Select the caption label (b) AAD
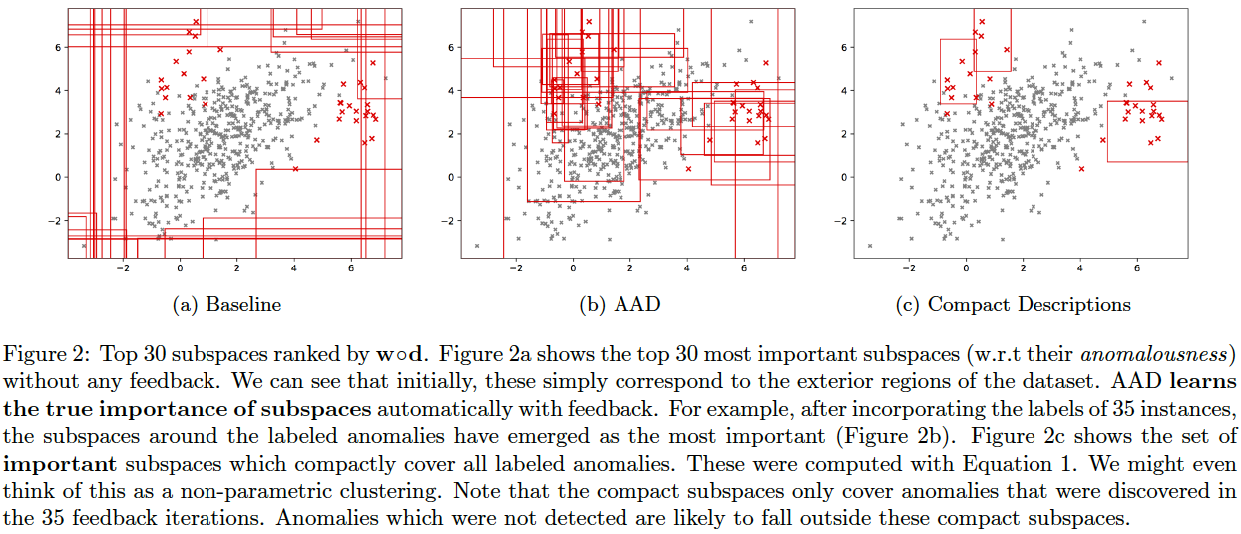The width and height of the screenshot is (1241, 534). [620, 305]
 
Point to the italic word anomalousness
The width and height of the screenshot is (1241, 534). [1178, 353]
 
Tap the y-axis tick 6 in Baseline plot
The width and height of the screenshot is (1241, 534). [58, 47]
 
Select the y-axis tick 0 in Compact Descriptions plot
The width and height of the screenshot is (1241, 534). [844, 177]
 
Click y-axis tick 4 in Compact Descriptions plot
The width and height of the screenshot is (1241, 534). [844, 91]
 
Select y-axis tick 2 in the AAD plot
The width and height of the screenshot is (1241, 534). [451, 134]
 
